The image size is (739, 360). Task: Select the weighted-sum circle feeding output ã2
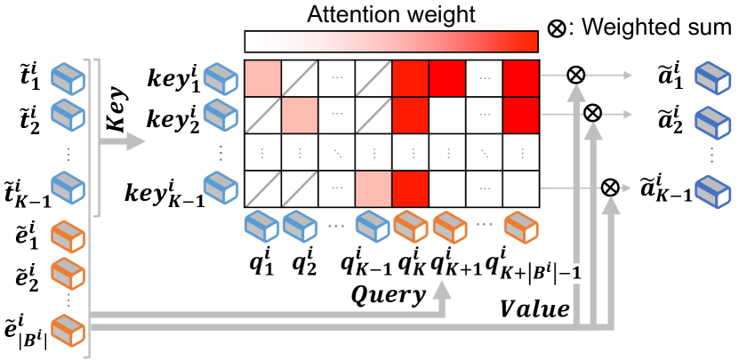click(593, 113)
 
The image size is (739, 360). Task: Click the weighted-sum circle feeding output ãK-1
click(610, 187)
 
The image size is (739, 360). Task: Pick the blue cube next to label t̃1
click(68, 76)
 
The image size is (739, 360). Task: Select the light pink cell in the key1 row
click(262, 76)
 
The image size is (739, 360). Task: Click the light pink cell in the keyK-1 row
click(373, 188)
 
